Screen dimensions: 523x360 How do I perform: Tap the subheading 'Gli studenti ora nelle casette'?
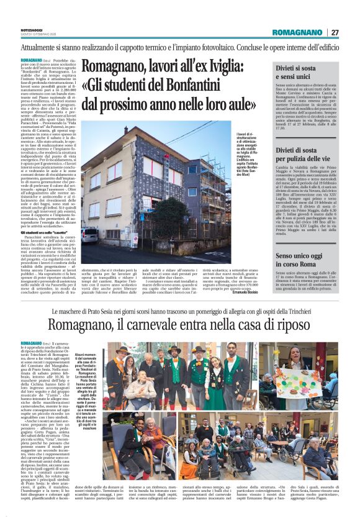44,232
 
